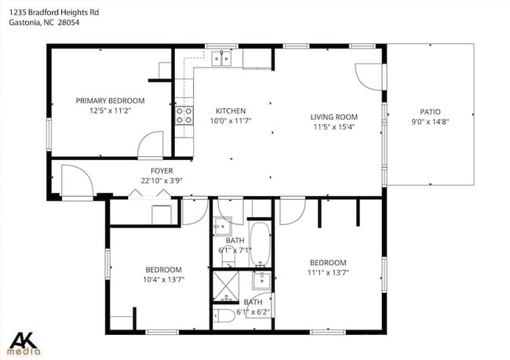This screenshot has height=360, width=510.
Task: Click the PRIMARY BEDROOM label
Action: [x=110, y=100]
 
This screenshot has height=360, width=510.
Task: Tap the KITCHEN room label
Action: [x=231, y=111]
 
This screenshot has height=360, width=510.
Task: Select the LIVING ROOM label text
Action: [x=335, y=116]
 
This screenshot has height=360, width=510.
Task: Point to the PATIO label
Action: [x=431, y=111]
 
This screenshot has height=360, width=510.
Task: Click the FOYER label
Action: [x=162, y=170]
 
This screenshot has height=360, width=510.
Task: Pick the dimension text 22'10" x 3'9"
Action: [x=162, y=180]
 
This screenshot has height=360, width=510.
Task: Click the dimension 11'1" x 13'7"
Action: [x=327, y=272]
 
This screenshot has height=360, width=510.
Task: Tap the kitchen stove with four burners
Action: [x=185, y=115]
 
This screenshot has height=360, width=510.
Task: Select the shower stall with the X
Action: [x=228, y=286]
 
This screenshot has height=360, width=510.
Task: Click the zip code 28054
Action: [x=68, y=22]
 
